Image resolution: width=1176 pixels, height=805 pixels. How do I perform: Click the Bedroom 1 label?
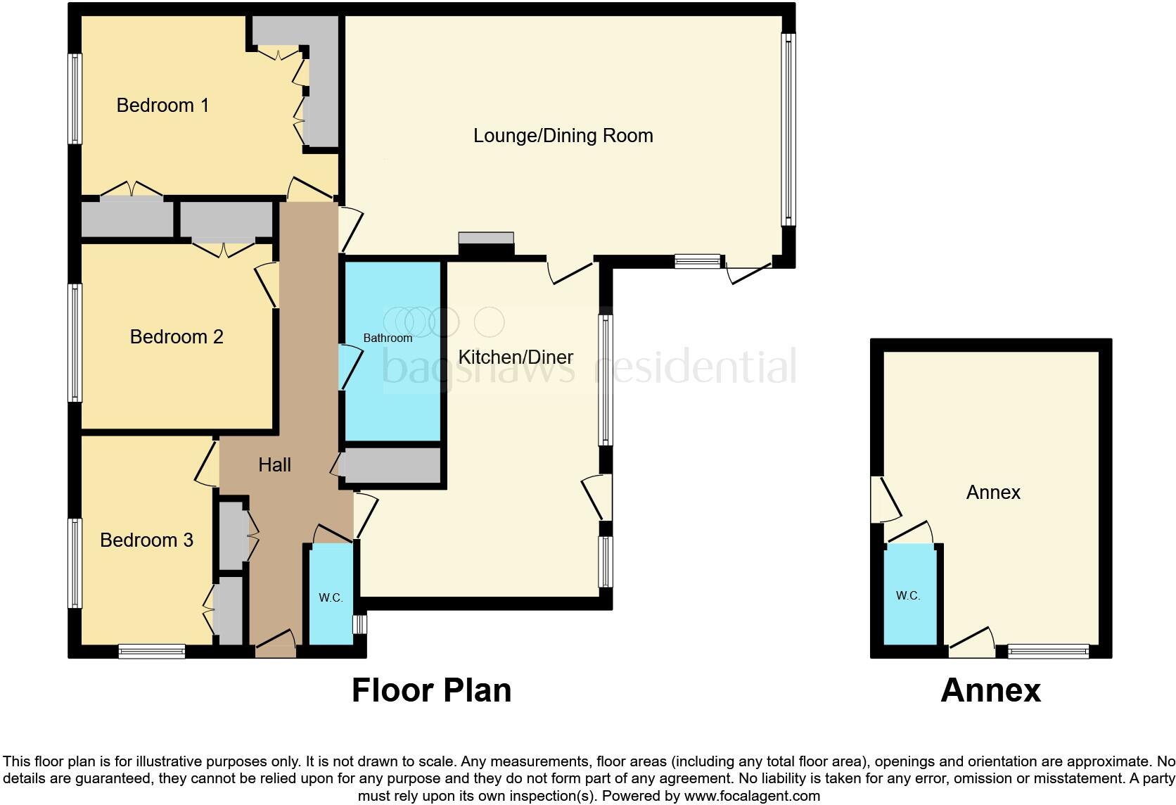(x=162, y=106)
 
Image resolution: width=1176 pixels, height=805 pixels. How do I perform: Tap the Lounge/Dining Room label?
(x=563, y=136)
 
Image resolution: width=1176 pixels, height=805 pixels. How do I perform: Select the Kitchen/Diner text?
(x=516, y=357)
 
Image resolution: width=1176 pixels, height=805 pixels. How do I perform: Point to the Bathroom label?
(x=388, y=338)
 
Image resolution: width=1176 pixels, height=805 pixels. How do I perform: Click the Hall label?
(x=274, y=464)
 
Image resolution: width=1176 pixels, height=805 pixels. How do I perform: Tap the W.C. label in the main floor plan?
(x=331, y=597)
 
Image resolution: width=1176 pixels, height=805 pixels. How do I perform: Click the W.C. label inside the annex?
(x=908, y=595)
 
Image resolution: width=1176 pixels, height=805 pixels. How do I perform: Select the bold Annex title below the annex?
(x=990, y=690)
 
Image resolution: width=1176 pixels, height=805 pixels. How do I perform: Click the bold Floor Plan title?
(x=431, y=690)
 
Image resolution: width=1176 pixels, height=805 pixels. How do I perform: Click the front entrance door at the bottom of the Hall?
(x=275, y=645)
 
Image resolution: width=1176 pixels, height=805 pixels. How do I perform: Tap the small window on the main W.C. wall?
(x=359, y=624)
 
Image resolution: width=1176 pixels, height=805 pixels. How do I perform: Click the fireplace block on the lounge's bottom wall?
(x=486, y=245)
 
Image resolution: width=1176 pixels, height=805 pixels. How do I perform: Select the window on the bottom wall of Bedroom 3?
(x=152, y=652)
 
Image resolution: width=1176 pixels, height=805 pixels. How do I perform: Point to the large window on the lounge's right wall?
(x=788, y=130)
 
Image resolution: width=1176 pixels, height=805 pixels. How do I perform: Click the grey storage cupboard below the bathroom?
(x=392, y=465)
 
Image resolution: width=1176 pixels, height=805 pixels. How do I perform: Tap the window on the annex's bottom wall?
(x=1048, y=652)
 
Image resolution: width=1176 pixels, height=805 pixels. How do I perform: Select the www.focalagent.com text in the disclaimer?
(x=752, y=796)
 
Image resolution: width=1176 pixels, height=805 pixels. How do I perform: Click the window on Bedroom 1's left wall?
(x=75, y=99)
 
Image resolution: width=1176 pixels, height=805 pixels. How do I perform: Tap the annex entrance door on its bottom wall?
(x=972, y=644)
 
